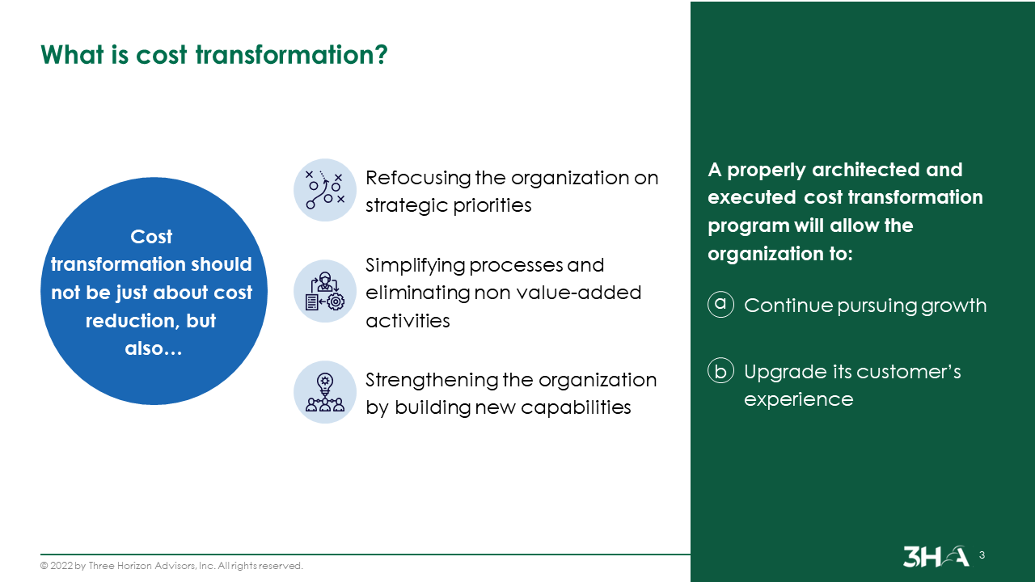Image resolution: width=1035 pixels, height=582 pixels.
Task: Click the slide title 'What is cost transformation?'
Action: pos(214,54)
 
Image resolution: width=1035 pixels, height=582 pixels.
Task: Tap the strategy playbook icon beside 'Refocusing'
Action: pos(325,190)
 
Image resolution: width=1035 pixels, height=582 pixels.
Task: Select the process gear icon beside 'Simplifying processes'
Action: pos(325,291)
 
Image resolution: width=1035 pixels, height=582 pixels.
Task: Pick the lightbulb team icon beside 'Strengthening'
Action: pos(325,392)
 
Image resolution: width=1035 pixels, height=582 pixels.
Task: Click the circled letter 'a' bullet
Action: pos(720,304)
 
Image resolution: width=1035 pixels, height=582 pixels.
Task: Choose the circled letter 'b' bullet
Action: pos(720,371)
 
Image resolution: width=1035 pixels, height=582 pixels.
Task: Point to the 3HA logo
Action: pos(936,556)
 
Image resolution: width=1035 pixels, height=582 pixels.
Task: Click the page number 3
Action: pos(982,555)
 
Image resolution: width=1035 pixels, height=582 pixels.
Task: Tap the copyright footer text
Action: pos(171,566)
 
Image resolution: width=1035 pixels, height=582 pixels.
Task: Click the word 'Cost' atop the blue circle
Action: pos(151,237)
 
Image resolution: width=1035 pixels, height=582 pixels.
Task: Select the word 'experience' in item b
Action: pos(798,399)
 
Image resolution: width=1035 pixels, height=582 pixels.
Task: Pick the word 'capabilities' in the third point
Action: pos(576,407)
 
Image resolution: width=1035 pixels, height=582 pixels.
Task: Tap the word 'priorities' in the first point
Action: pos(488,205)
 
